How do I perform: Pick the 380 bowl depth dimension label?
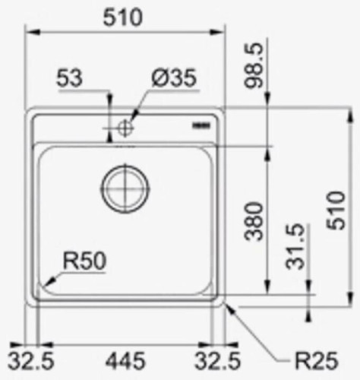[x=257, y=220]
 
